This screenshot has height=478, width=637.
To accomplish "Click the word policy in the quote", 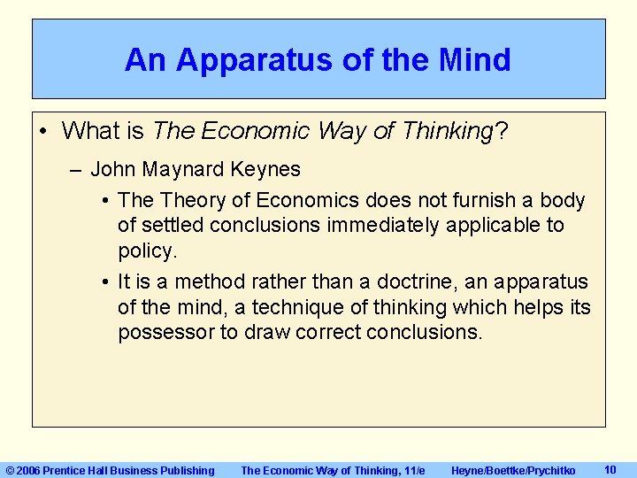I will click(147, 251).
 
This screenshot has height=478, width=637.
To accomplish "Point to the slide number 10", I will click(610, 470).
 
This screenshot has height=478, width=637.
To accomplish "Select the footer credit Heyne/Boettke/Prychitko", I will click(513, 471).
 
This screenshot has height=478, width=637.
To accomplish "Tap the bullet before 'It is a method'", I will click(104, 282).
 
